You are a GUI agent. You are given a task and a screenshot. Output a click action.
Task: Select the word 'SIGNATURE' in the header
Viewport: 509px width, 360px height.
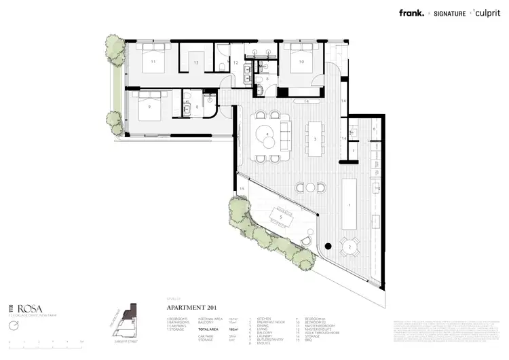(450, 13)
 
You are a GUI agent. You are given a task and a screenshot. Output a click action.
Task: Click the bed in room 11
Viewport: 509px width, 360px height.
(153, 61)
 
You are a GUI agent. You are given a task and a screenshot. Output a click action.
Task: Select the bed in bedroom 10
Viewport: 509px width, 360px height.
(299, 62)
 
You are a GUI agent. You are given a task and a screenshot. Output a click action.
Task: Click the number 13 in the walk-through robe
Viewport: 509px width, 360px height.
(195, 62)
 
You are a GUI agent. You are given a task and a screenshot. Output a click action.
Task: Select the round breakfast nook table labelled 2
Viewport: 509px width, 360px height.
(350, 247)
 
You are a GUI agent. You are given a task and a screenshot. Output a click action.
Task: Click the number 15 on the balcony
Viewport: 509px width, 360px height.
(241, 189)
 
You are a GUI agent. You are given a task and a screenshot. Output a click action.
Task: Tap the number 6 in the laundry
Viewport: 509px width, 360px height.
(373, 128)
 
